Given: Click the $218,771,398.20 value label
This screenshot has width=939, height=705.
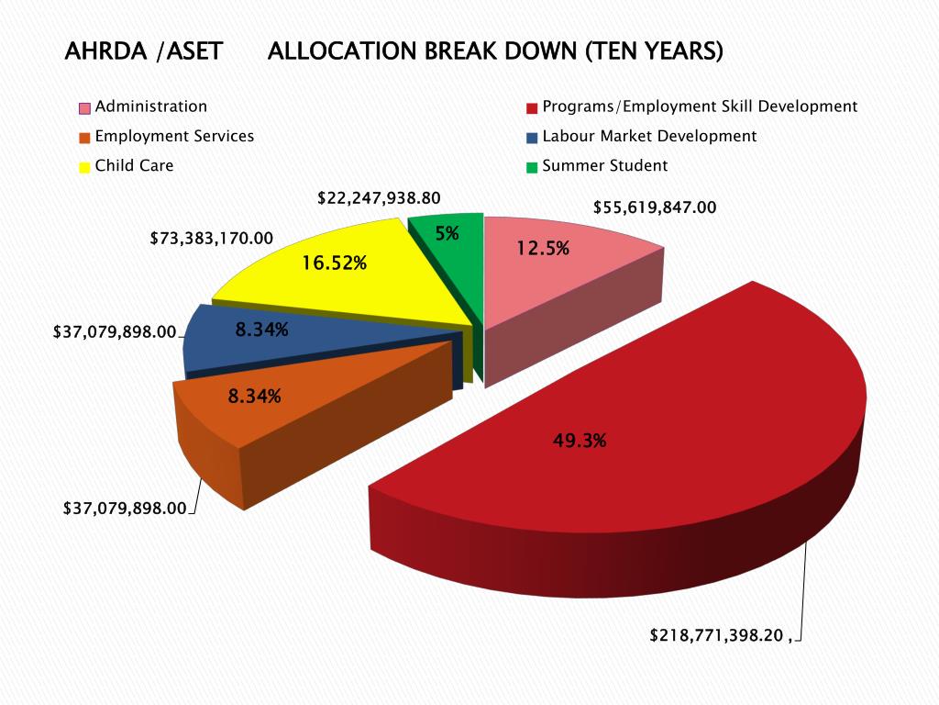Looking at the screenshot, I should (x=719, y=634).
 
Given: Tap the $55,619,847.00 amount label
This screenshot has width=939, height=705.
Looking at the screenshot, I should (x=655, y=207).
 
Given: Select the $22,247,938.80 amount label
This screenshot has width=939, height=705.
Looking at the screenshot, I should (x=379, y=197).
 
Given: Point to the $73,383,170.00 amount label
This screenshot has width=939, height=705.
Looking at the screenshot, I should (x=212, y=239).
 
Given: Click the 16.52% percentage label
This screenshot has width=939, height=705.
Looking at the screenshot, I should (x=335, y=263).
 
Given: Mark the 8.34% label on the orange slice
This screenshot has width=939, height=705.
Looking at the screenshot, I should (x=255, y=397).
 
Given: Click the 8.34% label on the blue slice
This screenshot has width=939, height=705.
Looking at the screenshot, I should (x=262, y=330).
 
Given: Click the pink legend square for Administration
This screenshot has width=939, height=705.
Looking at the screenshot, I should (x=84, y=108).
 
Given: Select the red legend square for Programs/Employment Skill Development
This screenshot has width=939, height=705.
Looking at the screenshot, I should (x=532, y=108).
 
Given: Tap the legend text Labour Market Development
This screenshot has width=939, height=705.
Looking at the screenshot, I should (x=649, y=136).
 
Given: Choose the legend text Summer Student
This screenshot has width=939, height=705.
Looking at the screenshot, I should (x=605, y=166).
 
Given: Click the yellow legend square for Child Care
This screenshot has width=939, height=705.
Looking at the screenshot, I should (x=84, y=167).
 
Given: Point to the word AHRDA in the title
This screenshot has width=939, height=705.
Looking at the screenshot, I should (x=105, y=51).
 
